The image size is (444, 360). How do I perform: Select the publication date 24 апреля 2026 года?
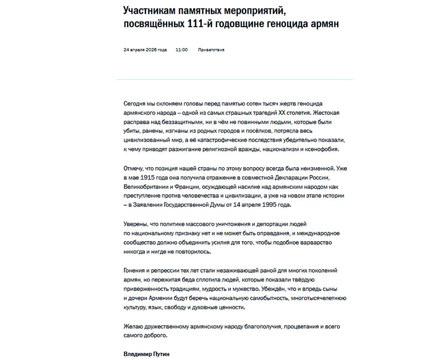click(x=145, y=50)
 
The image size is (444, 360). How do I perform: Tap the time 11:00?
click(x=182, y=50)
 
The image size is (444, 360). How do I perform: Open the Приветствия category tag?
click(x=211, y=50)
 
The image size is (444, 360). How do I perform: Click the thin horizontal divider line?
click(x=235, y=79)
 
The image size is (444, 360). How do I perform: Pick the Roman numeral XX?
click(x=271, y=113)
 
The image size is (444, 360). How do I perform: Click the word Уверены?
click(x=135, y=223)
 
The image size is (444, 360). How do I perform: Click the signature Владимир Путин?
click(x=147, y=354)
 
